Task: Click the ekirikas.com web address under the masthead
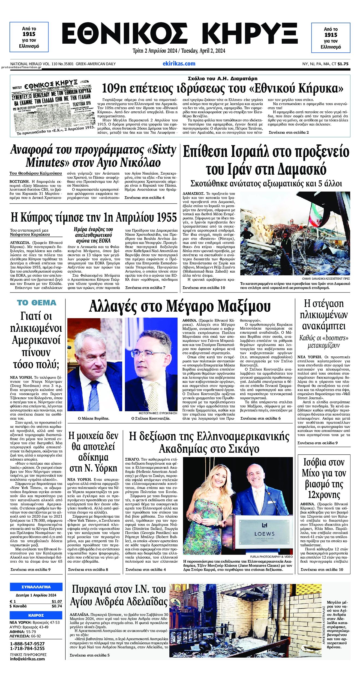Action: (x=179, y=64)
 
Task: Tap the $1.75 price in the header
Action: (x=343, y=64)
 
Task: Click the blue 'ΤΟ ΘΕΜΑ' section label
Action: (x=37, y=303)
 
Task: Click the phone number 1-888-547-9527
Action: (x=27, y=644)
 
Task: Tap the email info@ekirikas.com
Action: (x=27, y=659)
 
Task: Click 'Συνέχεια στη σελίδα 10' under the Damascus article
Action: (x=204, y=288)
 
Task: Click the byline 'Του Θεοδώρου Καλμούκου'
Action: (x=36, y=173)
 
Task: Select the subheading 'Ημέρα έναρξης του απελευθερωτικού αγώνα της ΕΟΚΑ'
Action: (x=93, y=235)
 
